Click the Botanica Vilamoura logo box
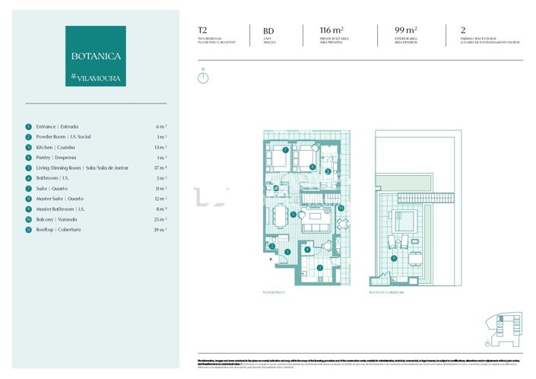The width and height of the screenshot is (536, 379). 96,56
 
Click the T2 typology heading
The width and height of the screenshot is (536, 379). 202,31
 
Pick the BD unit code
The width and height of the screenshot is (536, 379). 268,32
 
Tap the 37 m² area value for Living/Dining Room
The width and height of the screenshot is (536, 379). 160,167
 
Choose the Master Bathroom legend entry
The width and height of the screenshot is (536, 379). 60,209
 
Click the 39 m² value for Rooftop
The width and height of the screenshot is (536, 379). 160,229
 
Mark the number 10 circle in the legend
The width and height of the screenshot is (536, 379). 28,219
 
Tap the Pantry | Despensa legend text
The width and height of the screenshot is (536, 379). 58,158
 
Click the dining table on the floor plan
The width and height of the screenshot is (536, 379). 281,215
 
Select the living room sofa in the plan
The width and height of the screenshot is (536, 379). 313,226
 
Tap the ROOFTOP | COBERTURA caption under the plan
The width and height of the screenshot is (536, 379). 385,292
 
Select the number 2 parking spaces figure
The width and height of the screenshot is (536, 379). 462,31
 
